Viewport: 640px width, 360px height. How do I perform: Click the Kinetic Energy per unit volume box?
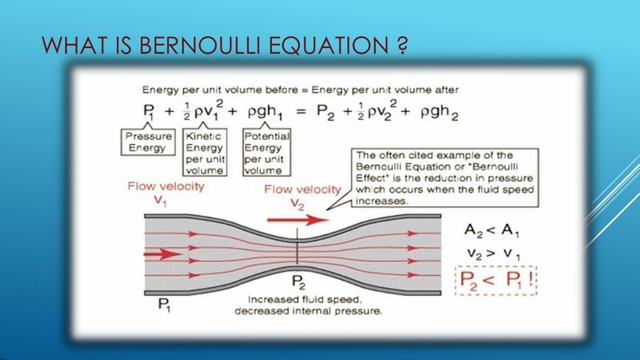[x=205, y=152]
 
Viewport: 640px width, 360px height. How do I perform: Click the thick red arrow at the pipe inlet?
[x=162, y=254]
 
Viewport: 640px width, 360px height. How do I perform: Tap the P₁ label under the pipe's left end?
[x=163, y=305]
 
